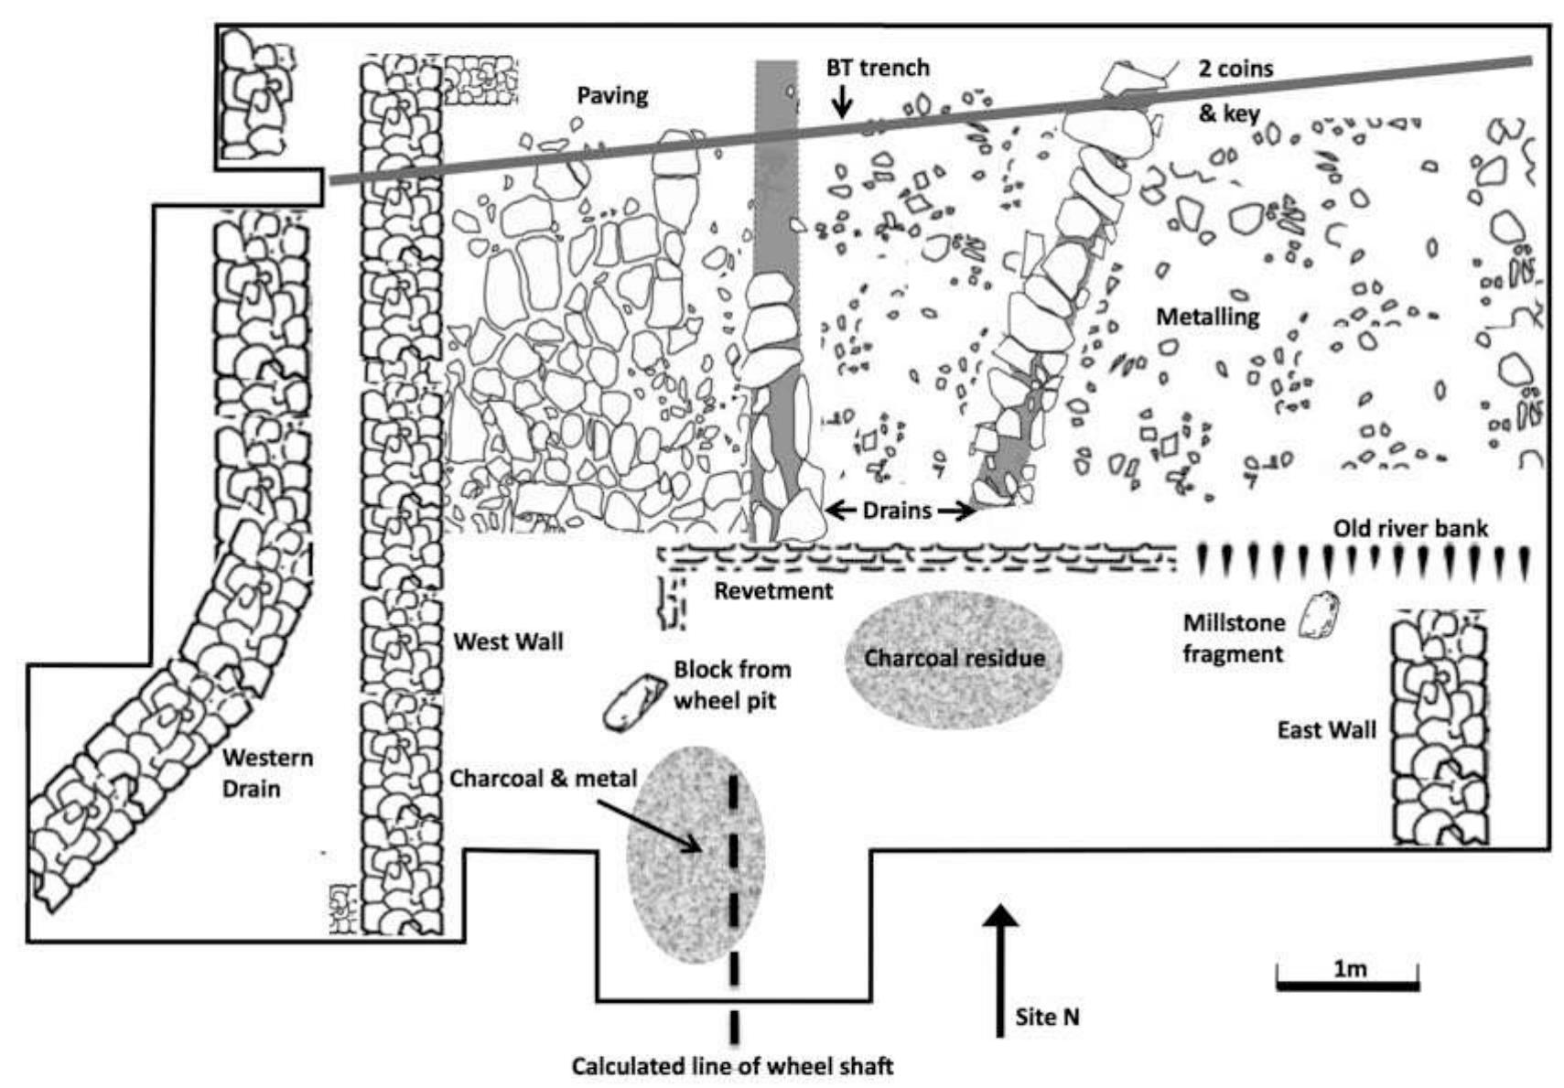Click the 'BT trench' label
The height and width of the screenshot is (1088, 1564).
(x=877, y=68)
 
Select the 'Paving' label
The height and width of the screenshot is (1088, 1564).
(x=612, y=95)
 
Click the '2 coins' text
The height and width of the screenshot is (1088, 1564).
(x=1235, y=68)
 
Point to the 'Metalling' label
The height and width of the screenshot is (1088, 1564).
(x=1207, y=317)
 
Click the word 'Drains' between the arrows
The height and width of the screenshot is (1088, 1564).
(x=896, y=510)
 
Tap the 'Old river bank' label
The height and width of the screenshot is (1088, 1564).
(x=1409, y=528)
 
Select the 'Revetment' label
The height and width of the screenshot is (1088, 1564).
(x=773, y=590)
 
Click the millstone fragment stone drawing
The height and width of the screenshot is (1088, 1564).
(x=1321, y=613)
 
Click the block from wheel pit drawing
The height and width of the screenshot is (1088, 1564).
(x=633, y=703)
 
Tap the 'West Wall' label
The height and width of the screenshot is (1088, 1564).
(x=508, y=641)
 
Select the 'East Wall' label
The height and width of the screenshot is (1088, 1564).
(x=1326, y=729)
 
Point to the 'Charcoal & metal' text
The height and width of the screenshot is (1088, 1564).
(x=543, y=779)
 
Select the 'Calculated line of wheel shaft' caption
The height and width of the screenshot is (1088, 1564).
(x=732, y=1066)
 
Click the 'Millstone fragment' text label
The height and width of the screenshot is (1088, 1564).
(x=1233, y=638)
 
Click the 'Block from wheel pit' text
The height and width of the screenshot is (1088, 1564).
(x=731, y=684)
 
